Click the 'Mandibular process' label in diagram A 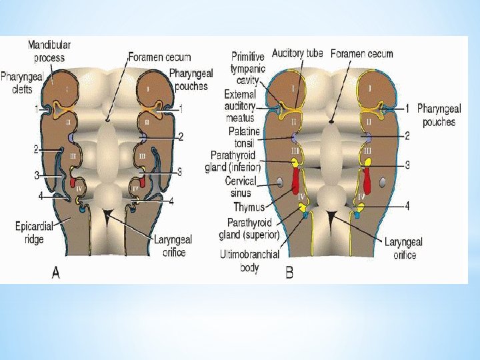pos(50,51)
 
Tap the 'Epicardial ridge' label pos(31,232)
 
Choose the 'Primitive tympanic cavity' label pos(248,69)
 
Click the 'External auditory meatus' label pos(241,105)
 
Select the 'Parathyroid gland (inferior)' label pos(233,161)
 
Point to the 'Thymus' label pos(249,207)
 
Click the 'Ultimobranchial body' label pos(249,260)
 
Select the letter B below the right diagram pos(289,273)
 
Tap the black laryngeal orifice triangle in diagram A pos(107,213)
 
